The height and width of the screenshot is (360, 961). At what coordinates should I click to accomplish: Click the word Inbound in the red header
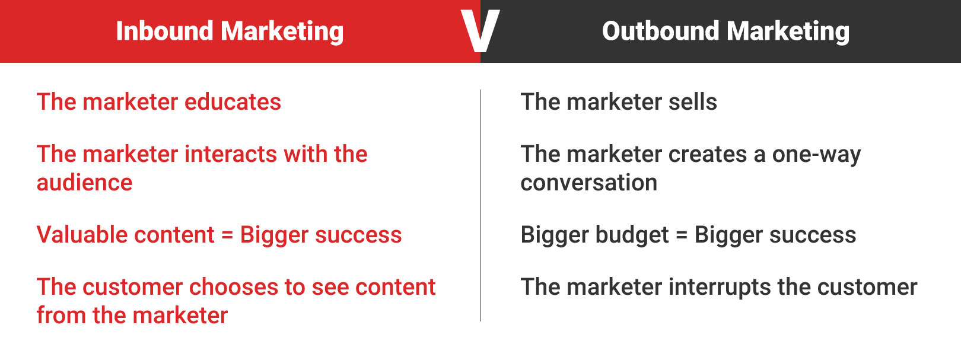[x=164, y=31]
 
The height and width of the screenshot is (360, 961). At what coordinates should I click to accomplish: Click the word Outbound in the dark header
[x=660, y=31]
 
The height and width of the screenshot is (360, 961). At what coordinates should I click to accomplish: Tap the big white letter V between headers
[x=480, y=31]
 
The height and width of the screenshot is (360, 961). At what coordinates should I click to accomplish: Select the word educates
[x=233, y=102]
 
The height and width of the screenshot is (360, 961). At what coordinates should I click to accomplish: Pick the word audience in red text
[x=84, y=183]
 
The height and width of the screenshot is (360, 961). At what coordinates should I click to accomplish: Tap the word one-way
[x=816, y=154]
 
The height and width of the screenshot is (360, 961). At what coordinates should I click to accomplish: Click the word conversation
[x=588, y=183]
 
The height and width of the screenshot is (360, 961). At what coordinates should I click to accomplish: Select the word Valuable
[x=79, y=235]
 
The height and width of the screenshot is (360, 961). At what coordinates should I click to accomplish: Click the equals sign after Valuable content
[x=227, y=235]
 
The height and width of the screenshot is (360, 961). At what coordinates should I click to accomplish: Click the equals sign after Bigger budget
[x=682, y=235]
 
